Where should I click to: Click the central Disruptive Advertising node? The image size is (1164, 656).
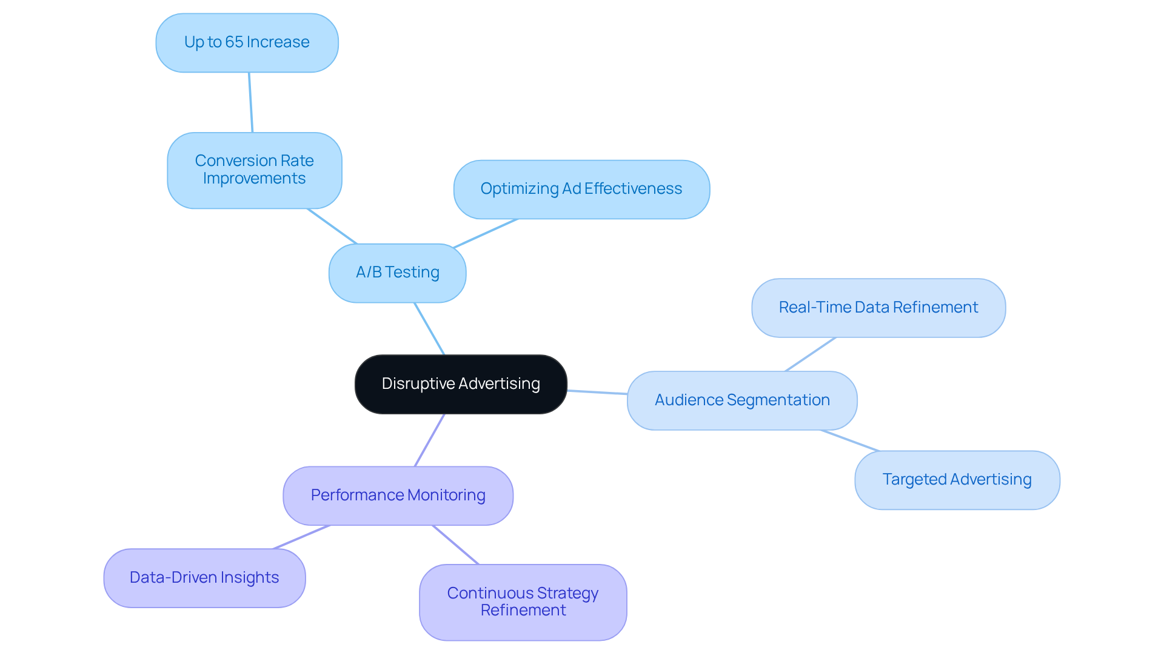coord(461,384)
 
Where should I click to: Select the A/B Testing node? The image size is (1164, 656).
coord(397,273)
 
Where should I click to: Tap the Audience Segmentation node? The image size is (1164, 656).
coord(741,400)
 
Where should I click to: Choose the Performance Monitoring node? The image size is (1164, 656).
coord(398,495)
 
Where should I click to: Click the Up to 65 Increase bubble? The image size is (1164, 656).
coord(247,42)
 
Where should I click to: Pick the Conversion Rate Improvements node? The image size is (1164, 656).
coord(254,170)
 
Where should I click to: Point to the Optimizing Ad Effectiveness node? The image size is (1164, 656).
coord(581,189)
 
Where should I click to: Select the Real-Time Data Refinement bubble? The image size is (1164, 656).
coord(878,308)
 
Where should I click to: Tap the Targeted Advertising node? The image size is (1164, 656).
coord(957,480)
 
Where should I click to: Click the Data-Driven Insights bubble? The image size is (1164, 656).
coord(204,578)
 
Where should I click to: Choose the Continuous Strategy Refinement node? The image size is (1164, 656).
coord(523,602)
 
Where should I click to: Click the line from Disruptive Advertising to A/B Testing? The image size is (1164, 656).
coord(429,329)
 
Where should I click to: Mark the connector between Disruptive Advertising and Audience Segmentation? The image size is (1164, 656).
coord(597,392)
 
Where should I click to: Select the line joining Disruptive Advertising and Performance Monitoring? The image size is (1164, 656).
coord(429,440)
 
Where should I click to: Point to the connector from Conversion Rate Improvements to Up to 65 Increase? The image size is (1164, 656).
coord(250,102)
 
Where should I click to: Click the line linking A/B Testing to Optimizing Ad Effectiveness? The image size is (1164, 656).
coord(486,233)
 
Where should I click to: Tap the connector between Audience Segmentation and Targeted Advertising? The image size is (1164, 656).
coord(850,441)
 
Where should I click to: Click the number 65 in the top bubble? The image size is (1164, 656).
coord(234,42)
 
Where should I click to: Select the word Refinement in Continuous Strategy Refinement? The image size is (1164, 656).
coord(523,611)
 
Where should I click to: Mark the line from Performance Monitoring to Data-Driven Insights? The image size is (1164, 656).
coord(301,537)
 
